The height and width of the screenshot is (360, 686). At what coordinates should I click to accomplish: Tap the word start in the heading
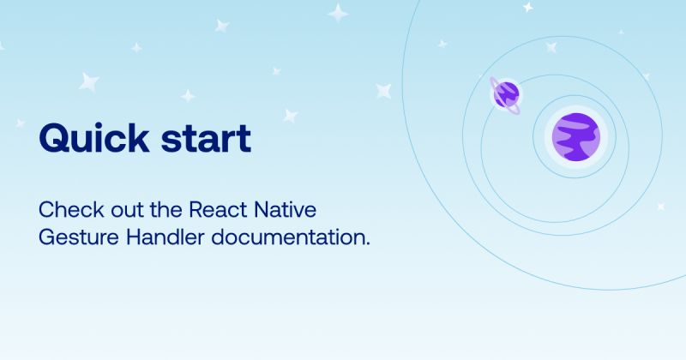(x=206, y=138)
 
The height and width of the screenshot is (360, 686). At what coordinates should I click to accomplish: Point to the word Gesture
(x=70, y=237)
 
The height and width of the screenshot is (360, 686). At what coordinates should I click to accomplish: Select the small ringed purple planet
(x=506, y=93)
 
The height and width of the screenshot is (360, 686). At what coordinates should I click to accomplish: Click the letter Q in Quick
(x=54, y=138)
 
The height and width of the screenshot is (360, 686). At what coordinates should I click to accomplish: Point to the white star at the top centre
(x=340, y=13)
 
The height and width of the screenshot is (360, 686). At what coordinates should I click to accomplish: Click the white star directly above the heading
(x=89, y=81)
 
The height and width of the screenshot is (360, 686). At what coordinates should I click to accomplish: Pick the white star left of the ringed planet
(x=383, y=89)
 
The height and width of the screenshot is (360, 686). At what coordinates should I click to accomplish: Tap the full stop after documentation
(x=368, y=243)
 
